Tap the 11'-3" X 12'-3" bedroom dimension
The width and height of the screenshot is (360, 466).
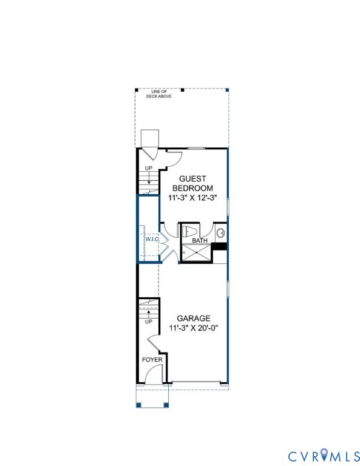coord(193,197)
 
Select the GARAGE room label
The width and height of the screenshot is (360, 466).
coord(194,318)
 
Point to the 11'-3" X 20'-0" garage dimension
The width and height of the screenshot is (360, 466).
coord(194,328)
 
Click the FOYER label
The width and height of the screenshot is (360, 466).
coord(152,359)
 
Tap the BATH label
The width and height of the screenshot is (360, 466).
coord(200,241)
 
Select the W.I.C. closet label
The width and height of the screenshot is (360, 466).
coord(151,239)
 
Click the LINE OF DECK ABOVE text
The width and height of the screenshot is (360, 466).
coord(158,94)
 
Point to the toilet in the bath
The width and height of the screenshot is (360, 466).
coord(189,231)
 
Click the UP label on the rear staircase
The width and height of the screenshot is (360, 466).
coord(148,168)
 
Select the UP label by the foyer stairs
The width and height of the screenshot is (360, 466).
coord(148,322)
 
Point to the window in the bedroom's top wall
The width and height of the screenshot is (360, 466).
coord(195,148)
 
